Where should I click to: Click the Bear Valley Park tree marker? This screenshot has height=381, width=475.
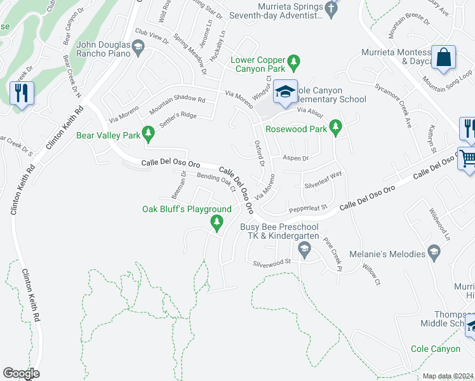(x=148, y=134)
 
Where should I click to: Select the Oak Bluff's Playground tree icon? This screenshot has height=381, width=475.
(x=217, y=222)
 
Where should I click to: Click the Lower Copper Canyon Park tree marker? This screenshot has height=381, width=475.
(x=293, y=61)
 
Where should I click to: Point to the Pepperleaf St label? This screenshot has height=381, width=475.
(x=307, y=208)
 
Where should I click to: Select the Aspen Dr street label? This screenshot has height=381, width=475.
(x=295, y=158)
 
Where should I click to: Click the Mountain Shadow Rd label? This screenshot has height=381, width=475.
(x=177, y=105)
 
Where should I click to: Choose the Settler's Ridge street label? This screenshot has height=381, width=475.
(x=178, y=119)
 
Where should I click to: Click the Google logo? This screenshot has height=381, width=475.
(x=21, y=373)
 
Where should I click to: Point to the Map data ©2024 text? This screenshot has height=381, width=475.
(x=448, y=376)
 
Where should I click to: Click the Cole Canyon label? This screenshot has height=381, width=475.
(x=435, y=349)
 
